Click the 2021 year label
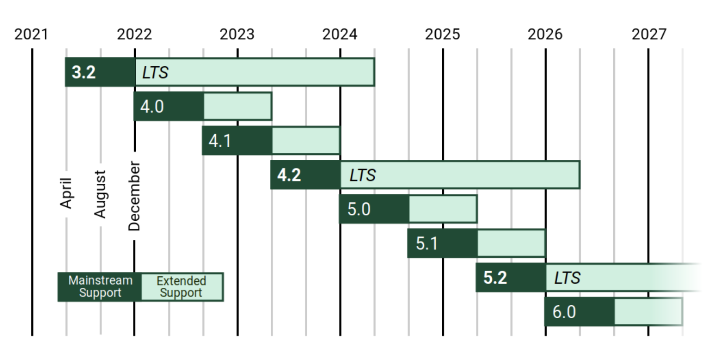coord(31,34)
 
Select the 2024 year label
coord(340,34)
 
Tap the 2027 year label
coord(649,34)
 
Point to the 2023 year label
coord(237,34)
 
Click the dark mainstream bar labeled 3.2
coord(100,72)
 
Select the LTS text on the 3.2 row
coord(155,73)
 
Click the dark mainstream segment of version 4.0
coord(169,107)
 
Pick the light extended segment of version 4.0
coord(238,107)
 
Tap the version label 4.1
coord(220,141)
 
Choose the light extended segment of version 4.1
coord(306,141)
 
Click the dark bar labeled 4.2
coord(306,175)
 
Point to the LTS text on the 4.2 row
coord(363,175)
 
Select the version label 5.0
coord(359,209)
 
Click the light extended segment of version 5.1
coord(512,243)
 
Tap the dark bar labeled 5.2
coord(511,278)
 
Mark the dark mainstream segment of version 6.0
coord(579,312)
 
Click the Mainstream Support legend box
coord(100,287)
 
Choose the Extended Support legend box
coord(182,287)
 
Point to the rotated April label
coord(66,193)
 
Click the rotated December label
coord(134,195)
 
